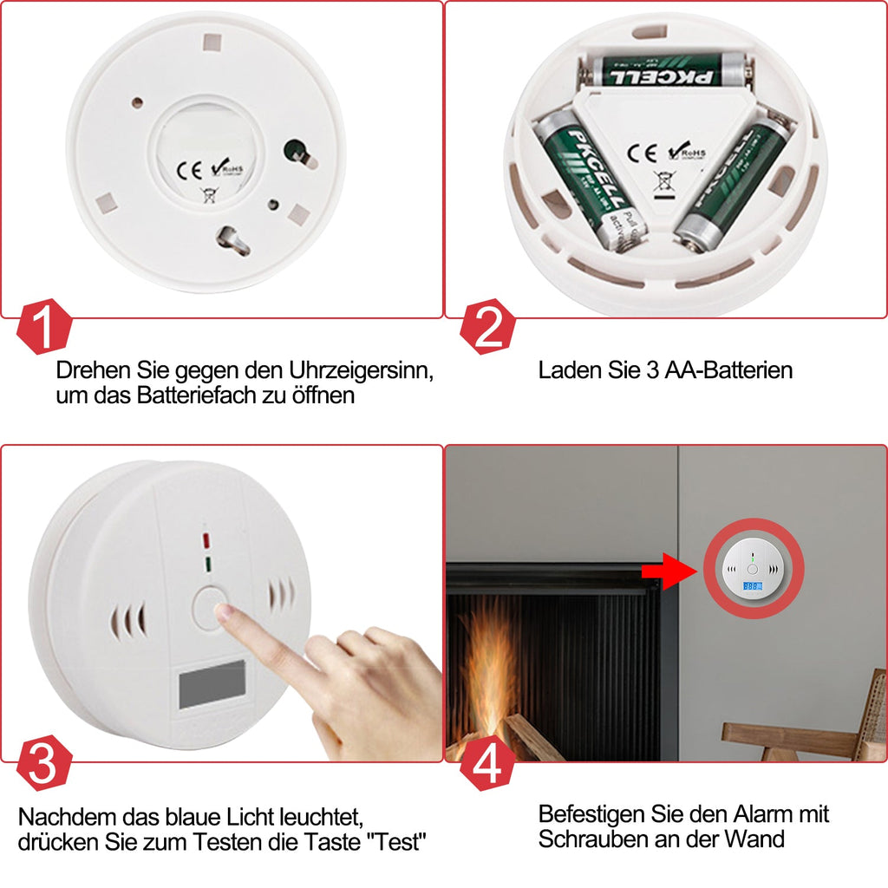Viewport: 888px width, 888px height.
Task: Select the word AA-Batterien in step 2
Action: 728,370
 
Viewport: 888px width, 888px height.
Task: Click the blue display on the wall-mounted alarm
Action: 752,587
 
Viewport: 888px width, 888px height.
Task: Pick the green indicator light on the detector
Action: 207,565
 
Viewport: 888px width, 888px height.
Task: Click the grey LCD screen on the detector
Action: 212,685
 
